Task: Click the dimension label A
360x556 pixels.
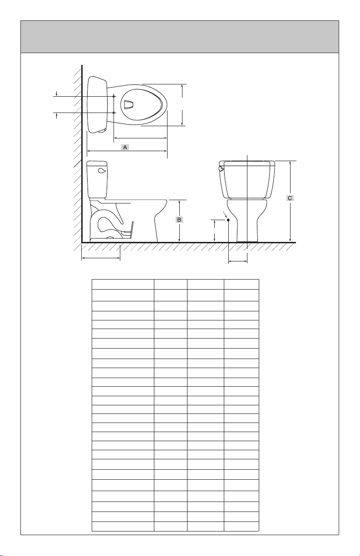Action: click(x=125, y=147)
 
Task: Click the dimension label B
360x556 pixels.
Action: click(x=179, y=220)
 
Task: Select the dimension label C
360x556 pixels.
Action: click(x=290, y=198)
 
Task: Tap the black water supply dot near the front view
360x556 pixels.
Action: click(x=228, y=220)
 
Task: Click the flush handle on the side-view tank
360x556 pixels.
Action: click(x=102, y=170)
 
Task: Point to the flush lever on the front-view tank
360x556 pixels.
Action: click(x=221, y=168)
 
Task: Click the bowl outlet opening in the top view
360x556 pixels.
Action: click(x=128, y=104)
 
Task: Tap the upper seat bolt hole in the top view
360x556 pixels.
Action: click(x=113, y=96)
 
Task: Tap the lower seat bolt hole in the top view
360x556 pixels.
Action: click(x=113, y=113)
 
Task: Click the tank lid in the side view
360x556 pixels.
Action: click(x=97, y=163)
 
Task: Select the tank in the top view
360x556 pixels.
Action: click(x=97, y=105)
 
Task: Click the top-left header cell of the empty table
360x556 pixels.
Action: click(x=123, y=284)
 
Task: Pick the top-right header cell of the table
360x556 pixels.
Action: click(x=242, y=284)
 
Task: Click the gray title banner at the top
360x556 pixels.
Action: click(x=180, y=37)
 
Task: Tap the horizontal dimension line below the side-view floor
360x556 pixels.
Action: click(x=101, y=258)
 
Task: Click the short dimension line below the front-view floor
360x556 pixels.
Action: click(x=238, y=261)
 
